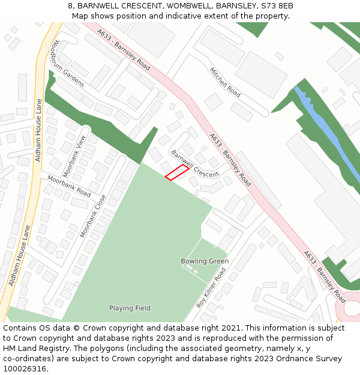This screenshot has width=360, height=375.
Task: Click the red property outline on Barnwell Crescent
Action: click(x=177, y=173)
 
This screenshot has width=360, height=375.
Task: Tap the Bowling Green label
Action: click(x=205, y=262)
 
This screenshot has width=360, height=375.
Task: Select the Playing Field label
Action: click(x=130, y=308)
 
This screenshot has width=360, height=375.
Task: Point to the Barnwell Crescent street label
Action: click(x=195, y=164)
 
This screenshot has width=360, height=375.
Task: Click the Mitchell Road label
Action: click(x=225, y=82)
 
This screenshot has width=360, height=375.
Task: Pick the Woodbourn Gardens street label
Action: click(x=68, y=64)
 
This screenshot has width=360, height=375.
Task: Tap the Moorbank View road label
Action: click(x=75, y=155)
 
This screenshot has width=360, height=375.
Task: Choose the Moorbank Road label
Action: click(x=69, y=187)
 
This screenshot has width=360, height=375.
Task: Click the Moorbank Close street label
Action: click(x=93, y=215)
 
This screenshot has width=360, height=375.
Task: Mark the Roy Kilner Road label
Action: click(x=211, y=288)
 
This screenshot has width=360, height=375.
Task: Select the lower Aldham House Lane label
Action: click(x=19, y=255)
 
